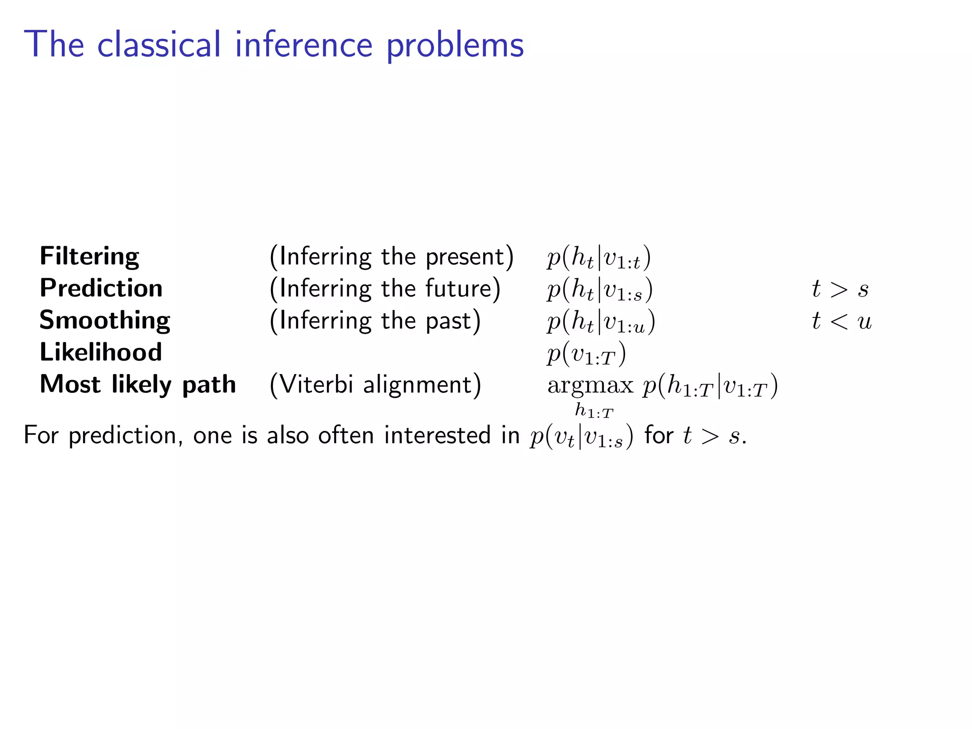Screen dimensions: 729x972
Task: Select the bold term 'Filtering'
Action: point(89,257)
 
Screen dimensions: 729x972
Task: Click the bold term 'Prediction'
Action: point(101,288)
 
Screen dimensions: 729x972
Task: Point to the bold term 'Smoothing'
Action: point(104,320)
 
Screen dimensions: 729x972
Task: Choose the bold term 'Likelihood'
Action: point(101,352)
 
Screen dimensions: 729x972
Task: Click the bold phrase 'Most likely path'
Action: point(138,384)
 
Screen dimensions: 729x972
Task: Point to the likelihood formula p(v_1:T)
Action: point(587,354)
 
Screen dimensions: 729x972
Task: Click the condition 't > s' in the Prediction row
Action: point(840,289)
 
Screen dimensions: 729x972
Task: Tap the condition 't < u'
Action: point(841,321)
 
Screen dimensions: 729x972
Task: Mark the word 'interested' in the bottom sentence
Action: point(437,435)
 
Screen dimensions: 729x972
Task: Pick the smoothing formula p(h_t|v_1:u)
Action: point(601,322)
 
